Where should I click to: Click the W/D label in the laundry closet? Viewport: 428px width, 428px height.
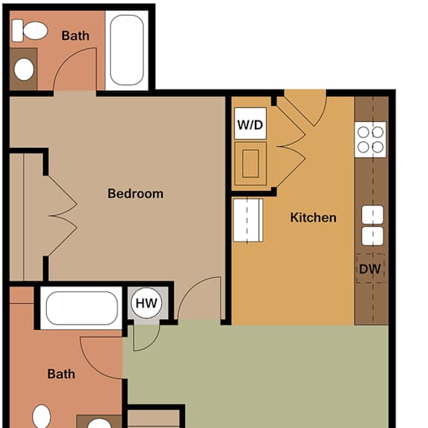coord(250,125)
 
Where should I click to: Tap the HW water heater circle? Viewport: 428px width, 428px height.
coord(146,303)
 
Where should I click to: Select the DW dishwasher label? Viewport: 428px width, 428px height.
coord(370,269)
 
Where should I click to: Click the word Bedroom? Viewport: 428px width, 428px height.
coord(135,193)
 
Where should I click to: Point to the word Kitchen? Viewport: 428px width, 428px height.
coord(313,218)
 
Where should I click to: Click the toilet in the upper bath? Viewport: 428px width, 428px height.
coord(30,30)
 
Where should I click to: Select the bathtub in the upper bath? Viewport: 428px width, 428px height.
coord(126,50)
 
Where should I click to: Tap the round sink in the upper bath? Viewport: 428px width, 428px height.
coord(24,69)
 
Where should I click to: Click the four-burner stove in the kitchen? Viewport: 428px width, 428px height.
coord(370,140)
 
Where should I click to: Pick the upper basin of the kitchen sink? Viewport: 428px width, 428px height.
coord(372,215)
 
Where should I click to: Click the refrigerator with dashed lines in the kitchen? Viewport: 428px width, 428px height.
coord(248,220)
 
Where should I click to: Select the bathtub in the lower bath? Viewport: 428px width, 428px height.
coord(82,308)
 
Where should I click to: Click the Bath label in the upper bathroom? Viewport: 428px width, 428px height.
coord(75,36)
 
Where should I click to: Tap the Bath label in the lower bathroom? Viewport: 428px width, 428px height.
coord(61,374)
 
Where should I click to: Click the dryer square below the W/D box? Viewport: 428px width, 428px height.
coord(250,163)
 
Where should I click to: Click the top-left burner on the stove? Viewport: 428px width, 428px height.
coord(363,132)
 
